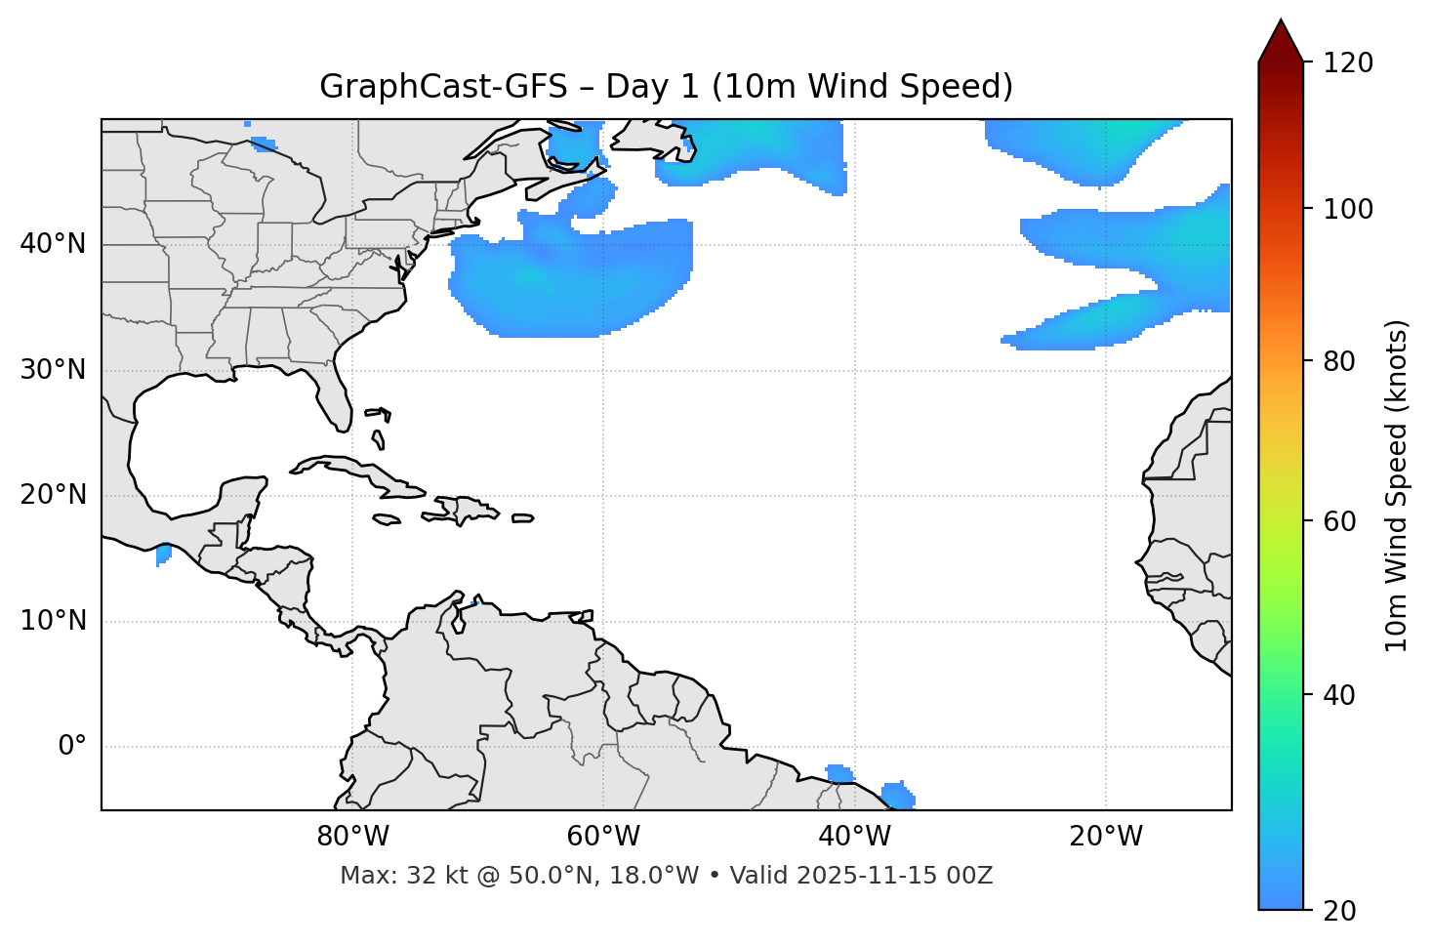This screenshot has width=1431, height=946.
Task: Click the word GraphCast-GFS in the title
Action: (443, 87)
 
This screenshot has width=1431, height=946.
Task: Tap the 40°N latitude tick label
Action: (53, 244)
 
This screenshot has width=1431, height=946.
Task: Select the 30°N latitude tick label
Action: (53, 370)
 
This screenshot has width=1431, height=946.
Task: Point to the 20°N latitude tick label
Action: (53, 495)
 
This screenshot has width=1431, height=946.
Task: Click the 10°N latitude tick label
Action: (53, 621)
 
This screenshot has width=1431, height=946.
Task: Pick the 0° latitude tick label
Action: (72, 747)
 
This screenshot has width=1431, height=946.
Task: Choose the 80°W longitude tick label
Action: (352, 837)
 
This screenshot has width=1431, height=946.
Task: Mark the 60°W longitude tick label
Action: (603, 837)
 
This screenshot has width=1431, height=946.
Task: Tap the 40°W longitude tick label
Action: (854, 837)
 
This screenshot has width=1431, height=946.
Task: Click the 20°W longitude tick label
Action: (1105, 837)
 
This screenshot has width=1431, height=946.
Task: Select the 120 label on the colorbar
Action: (1348, 63)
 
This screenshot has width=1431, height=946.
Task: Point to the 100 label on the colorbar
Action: (1348, 209)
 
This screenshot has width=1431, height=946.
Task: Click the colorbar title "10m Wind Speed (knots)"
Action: (1397, 485)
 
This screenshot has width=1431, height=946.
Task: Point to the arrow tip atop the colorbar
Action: (1281, 21)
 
